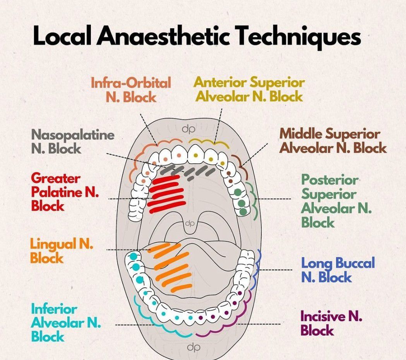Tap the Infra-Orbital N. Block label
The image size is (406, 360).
pyautogui.click(x=131, y=89)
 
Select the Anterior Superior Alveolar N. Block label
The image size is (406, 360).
pyautogui.click(x=249, y=89)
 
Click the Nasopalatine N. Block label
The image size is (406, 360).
pyautogui.click(x=73, y=142)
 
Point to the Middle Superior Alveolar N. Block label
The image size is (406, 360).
pyautogui.click(x=333, y=141)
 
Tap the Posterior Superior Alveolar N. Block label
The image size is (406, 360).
pyautogui.click(x=336, y=201)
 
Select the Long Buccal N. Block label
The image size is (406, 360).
pyautogui.click(x=338, y=270)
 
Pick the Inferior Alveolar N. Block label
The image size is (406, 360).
pyautogui.click(x=66, y=323)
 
